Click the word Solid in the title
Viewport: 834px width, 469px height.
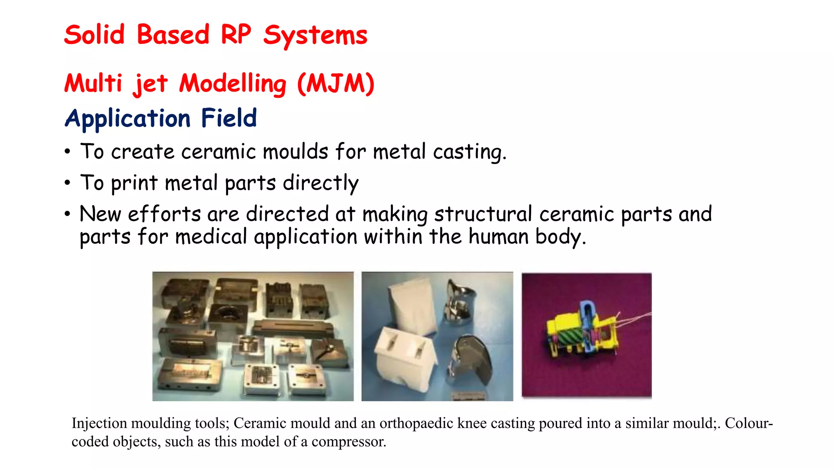click(94, 35)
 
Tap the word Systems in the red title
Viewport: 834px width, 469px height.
click(315, 35)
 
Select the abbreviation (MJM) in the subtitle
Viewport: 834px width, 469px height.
click(336, 83)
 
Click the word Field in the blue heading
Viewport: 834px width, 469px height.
click(229, 118)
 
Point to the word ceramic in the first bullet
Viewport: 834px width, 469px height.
click(218, 152)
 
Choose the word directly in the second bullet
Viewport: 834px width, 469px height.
click(320, 183)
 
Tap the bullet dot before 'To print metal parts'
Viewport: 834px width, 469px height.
click(67, 183)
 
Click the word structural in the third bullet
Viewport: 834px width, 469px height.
click(483, 214)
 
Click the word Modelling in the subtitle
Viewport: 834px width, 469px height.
click(233, 83)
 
